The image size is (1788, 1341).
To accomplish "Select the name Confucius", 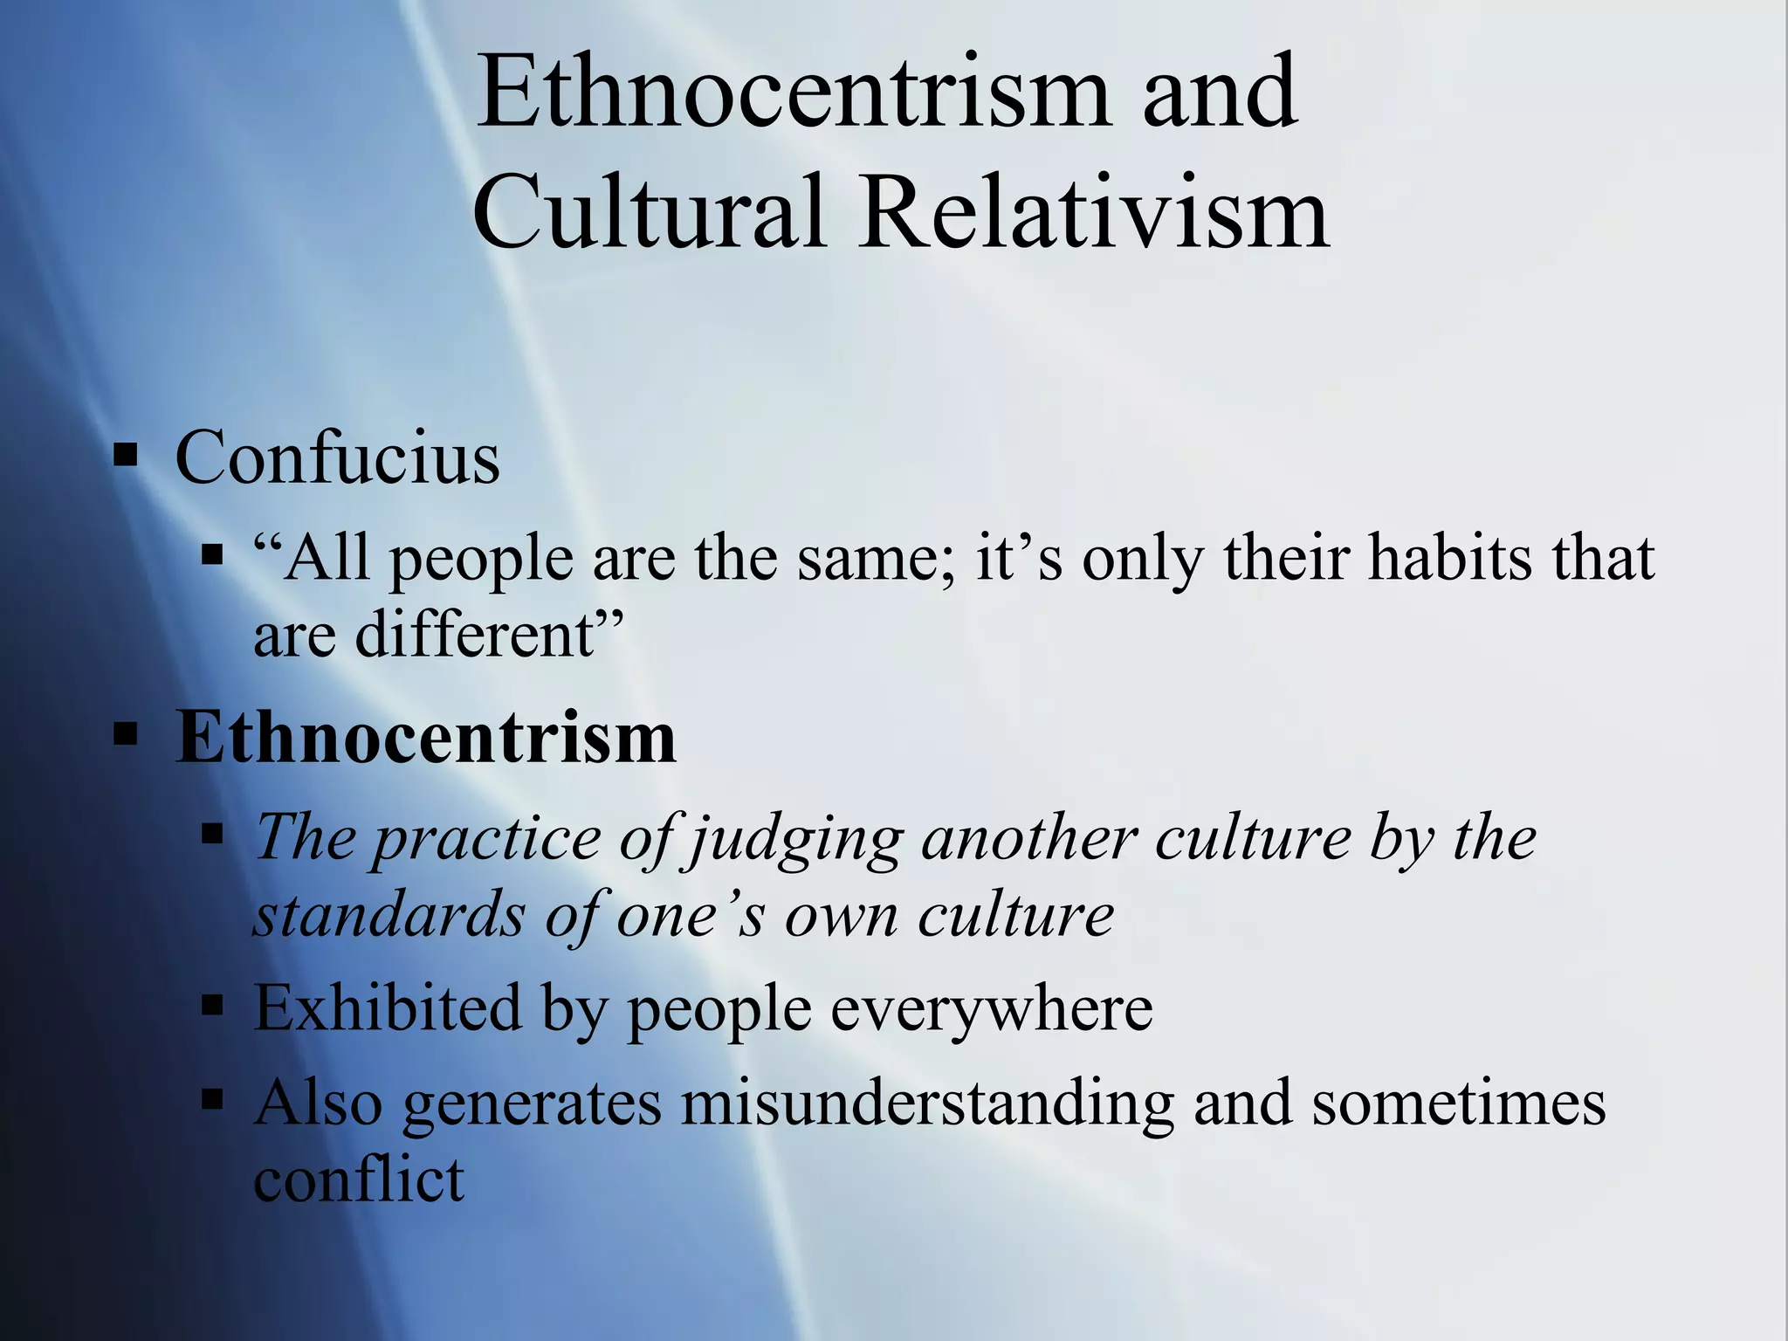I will pos(338,457).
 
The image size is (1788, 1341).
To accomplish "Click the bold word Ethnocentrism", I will pos(426,738).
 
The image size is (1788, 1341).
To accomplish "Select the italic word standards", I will pos(389,916).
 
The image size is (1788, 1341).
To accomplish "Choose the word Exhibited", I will pos(388,1008).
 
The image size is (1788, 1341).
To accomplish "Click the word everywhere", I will pos(991,1009).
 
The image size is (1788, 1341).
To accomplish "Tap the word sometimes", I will pos(1458,1103).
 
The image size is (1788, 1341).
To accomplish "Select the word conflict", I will pos(359,1179).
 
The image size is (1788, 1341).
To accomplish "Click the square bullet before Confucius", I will pos(126,455).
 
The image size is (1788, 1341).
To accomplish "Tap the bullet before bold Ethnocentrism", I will pos(126,736).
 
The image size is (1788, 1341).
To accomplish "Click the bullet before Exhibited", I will pos(212,1006).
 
